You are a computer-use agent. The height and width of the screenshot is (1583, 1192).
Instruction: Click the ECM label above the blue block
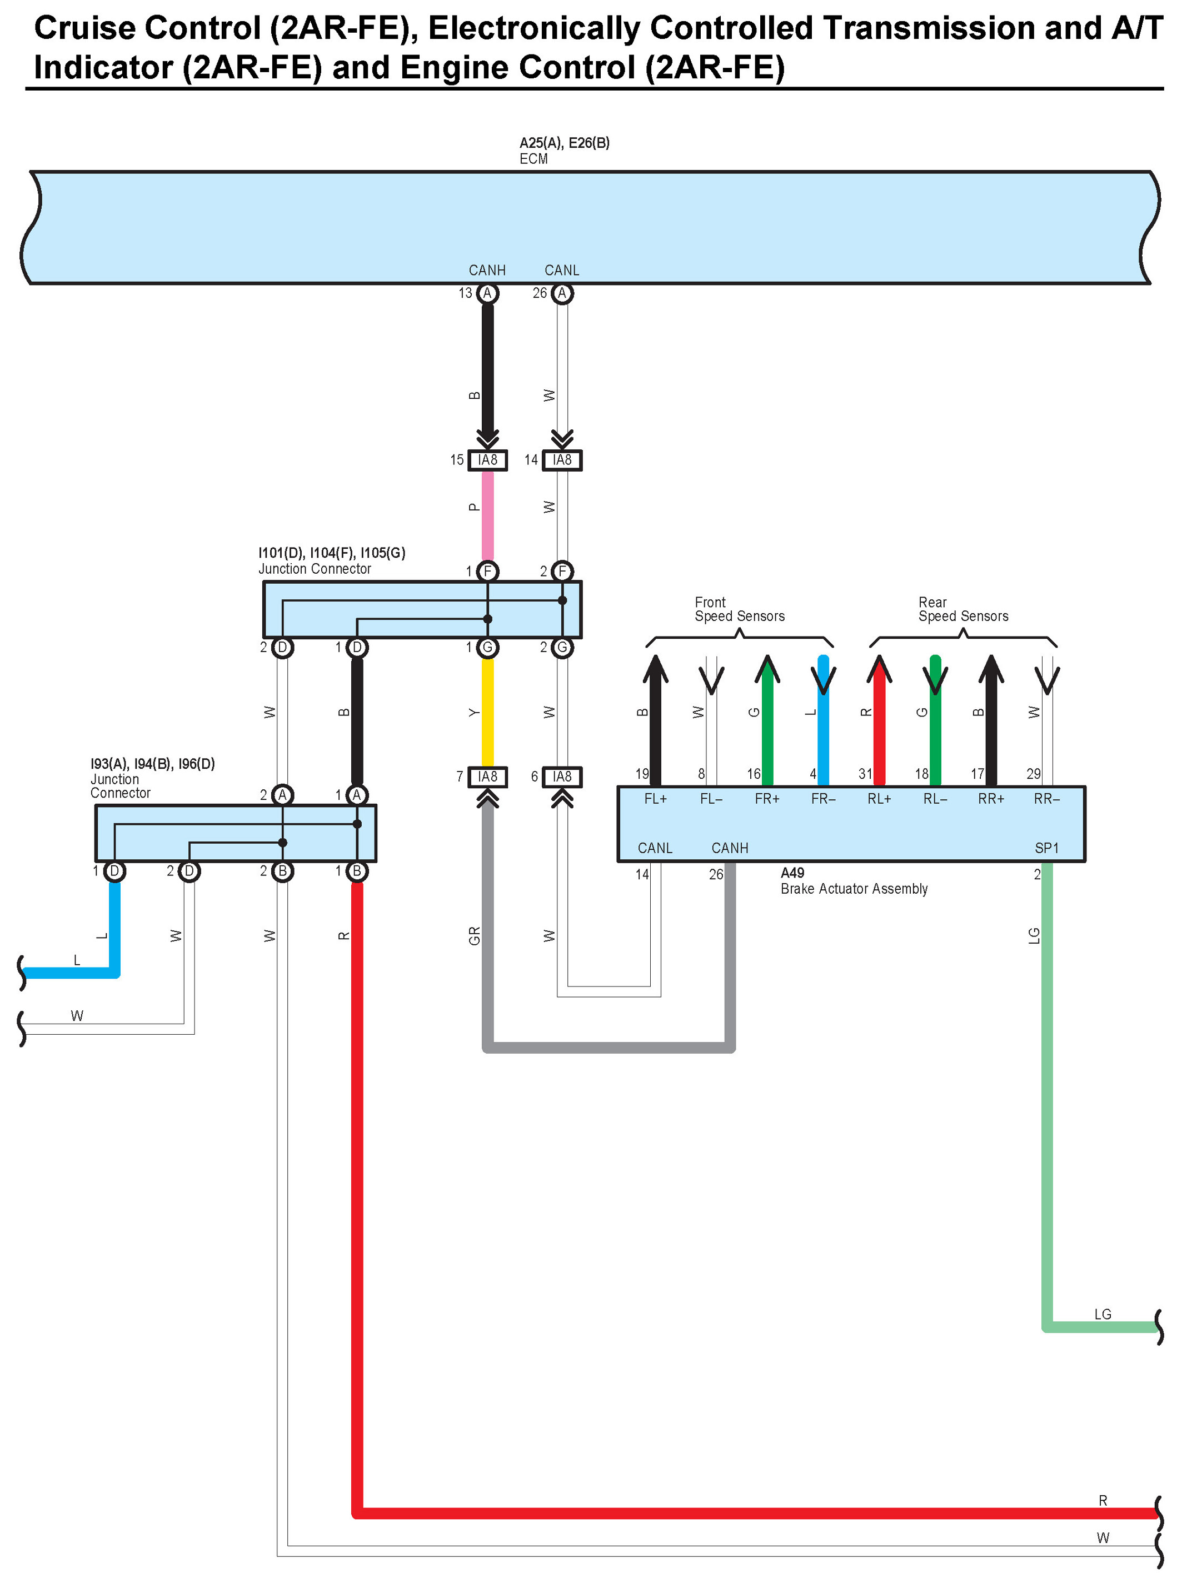tap(533, 159)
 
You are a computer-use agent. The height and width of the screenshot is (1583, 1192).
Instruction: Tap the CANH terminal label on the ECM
tap(487, 270)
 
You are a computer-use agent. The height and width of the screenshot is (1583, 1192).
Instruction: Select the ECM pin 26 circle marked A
tap(562, 293)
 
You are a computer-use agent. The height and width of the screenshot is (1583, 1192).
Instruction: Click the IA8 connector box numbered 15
tap(487, 460)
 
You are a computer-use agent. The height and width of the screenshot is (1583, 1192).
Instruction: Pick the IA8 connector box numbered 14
tap(562, 460)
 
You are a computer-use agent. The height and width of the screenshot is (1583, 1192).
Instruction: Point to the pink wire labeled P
tap(487, 515)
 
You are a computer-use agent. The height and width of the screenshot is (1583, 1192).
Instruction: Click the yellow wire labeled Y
tap(487, 712)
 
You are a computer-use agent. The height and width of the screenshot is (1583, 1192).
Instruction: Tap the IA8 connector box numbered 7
tap(487, 777)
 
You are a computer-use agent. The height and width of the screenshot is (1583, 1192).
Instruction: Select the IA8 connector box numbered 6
tap(562, 777)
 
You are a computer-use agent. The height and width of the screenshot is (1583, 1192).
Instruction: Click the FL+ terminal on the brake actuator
tap(655, 799)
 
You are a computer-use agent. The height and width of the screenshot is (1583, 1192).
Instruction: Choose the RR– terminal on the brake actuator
tap(1046, 799)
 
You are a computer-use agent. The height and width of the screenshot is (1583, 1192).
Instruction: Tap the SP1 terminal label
tap(1046, 848)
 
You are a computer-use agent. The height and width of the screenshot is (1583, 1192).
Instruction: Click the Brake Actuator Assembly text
tap(854, 889)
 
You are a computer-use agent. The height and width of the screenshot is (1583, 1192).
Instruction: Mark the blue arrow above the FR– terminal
tap(824, 677)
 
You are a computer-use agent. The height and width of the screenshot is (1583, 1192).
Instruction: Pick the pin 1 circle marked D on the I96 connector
tap(114, 871)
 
